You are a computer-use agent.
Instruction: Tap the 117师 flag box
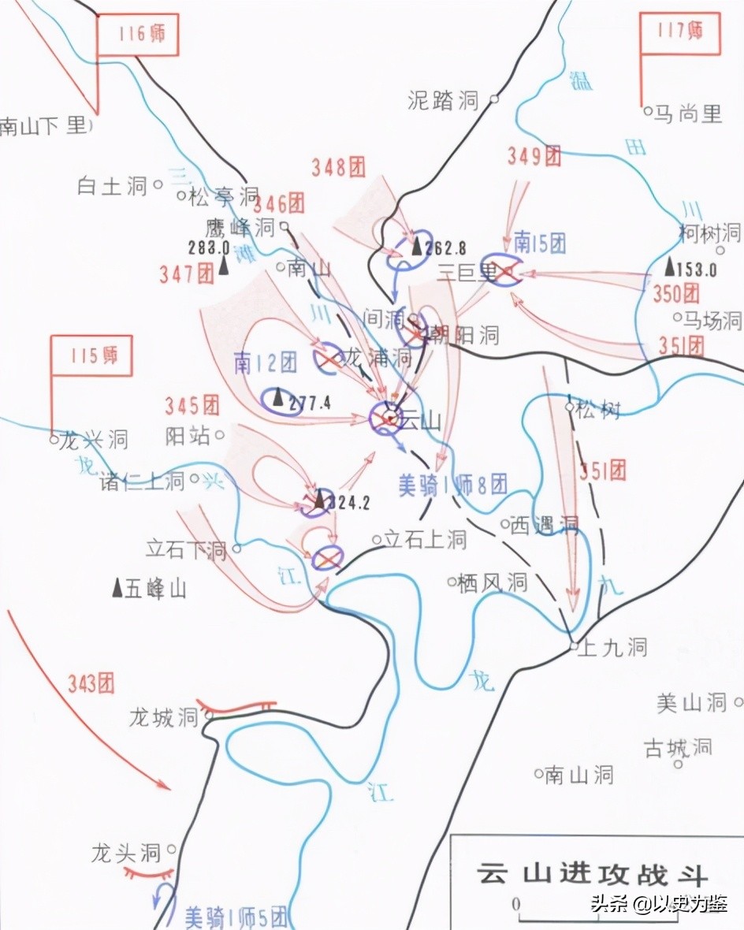679,33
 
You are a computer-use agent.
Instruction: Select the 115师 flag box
91,356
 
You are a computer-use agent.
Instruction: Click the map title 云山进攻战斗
592,875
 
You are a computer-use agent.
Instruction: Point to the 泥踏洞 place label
444,100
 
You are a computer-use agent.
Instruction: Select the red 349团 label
534,156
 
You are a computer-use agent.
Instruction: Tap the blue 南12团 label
265,363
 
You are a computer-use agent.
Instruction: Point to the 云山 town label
419,420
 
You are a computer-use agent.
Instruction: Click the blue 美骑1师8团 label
452,485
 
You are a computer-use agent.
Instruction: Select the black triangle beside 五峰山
117,587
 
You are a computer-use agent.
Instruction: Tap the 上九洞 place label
612,648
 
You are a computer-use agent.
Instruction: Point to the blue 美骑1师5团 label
237,917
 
